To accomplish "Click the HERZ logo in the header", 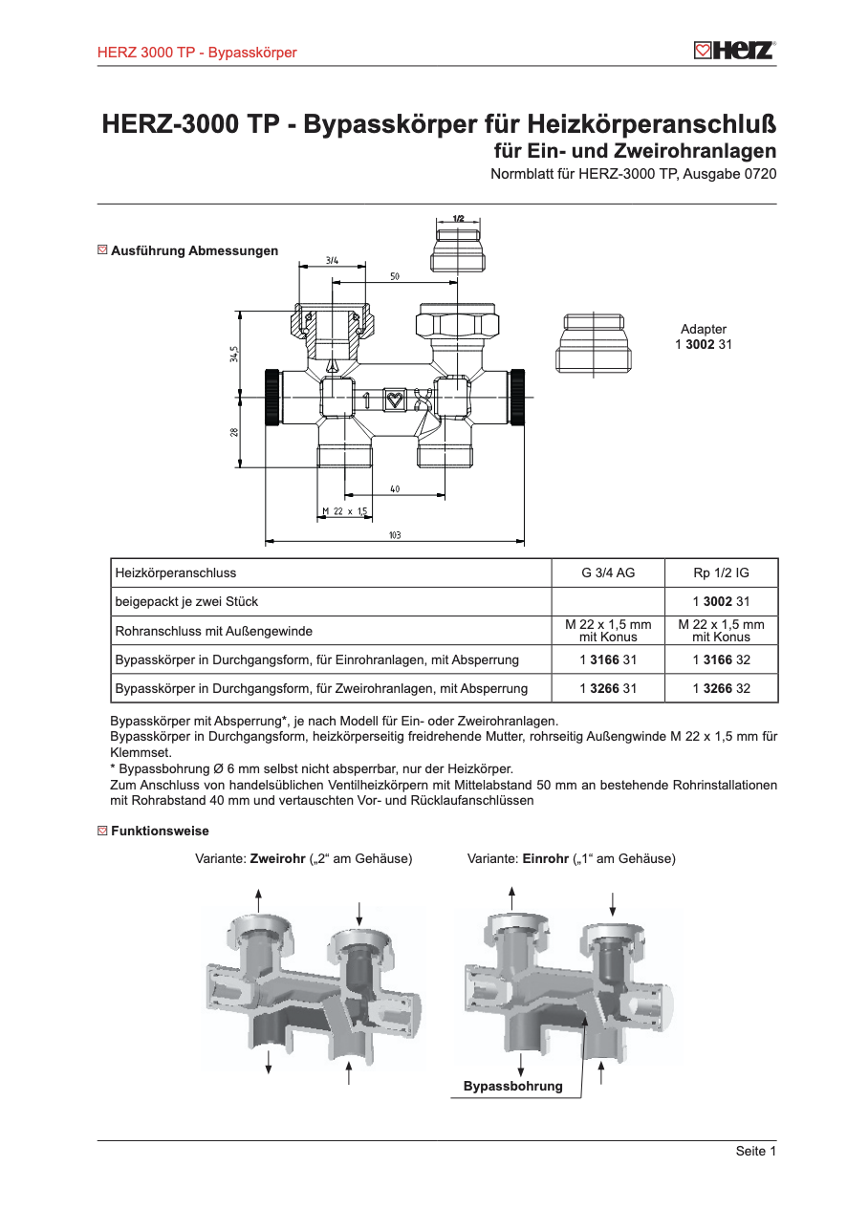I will pos(733,51).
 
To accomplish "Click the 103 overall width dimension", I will pos(394,535).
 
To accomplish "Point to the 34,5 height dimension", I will pos(233,354).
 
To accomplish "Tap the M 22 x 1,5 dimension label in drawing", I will pos(345,511).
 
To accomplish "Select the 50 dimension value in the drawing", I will pos(394,276).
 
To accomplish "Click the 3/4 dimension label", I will pos(332,259).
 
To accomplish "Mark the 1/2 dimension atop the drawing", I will pos(458,219).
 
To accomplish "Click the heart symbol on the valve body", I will pos(394,399).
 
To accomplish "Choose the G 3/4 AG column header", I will pos(608,573).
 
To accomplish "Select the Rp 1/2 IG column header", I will pos(721,573).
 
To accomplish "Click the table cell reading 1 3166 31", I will pos(608,659).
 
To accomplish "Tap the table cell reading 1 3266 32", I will pos(721,688).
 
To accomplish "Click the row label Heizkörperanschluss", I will pos(176,573).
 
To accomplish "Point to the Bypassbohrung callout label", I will pos(513,1087).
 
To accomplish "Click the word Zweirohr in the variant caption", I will pos(276,859).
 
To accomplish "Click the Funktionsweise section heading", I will pos(160,832).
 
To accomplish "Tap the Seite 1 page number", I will pos(755,1151).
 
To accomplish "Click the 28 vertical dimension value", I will pos(234,432).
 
